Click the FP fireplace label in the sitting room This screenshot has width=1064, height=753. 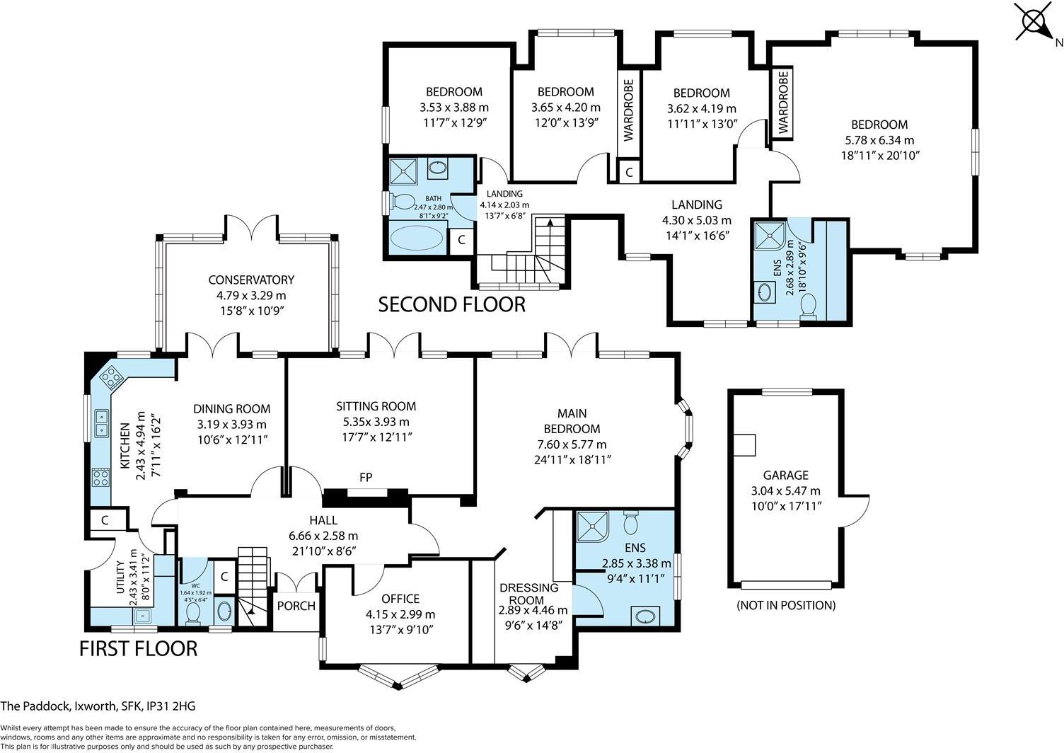click(x=366, y=478)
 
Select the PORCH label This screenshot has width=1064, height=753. click(x=296, y=606)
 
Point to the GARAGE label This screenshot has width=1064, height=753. click(x=785, y=476)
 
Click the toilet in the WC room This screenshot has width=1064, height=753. click(x=192, y=613)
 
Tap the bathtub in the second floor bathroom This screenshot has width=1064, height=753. click(x=419, y=236)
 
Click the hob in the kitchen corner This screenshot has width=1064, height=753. click(x=111, y=378)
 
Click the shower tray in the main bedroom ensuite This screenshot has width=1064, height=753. click(x=591, y=524)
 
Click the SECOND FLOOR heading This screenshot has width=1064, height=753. click(x=451, y=304)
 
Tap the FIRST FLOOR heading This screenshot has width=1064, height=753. click(x=138, y=648)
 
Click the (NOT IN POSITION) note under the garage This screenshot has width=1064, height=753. click(x=785, y=605)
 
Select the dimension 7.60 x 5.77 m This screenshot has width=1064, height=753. click(x=571, y=444)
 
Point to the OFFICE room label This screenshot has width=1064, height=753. click(x=400, y=599)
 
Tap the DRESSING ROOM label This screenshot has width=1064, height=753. click(x=529, y=594)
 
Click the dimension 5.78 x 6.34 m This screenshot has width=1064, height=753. click(x=879, y=140)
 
